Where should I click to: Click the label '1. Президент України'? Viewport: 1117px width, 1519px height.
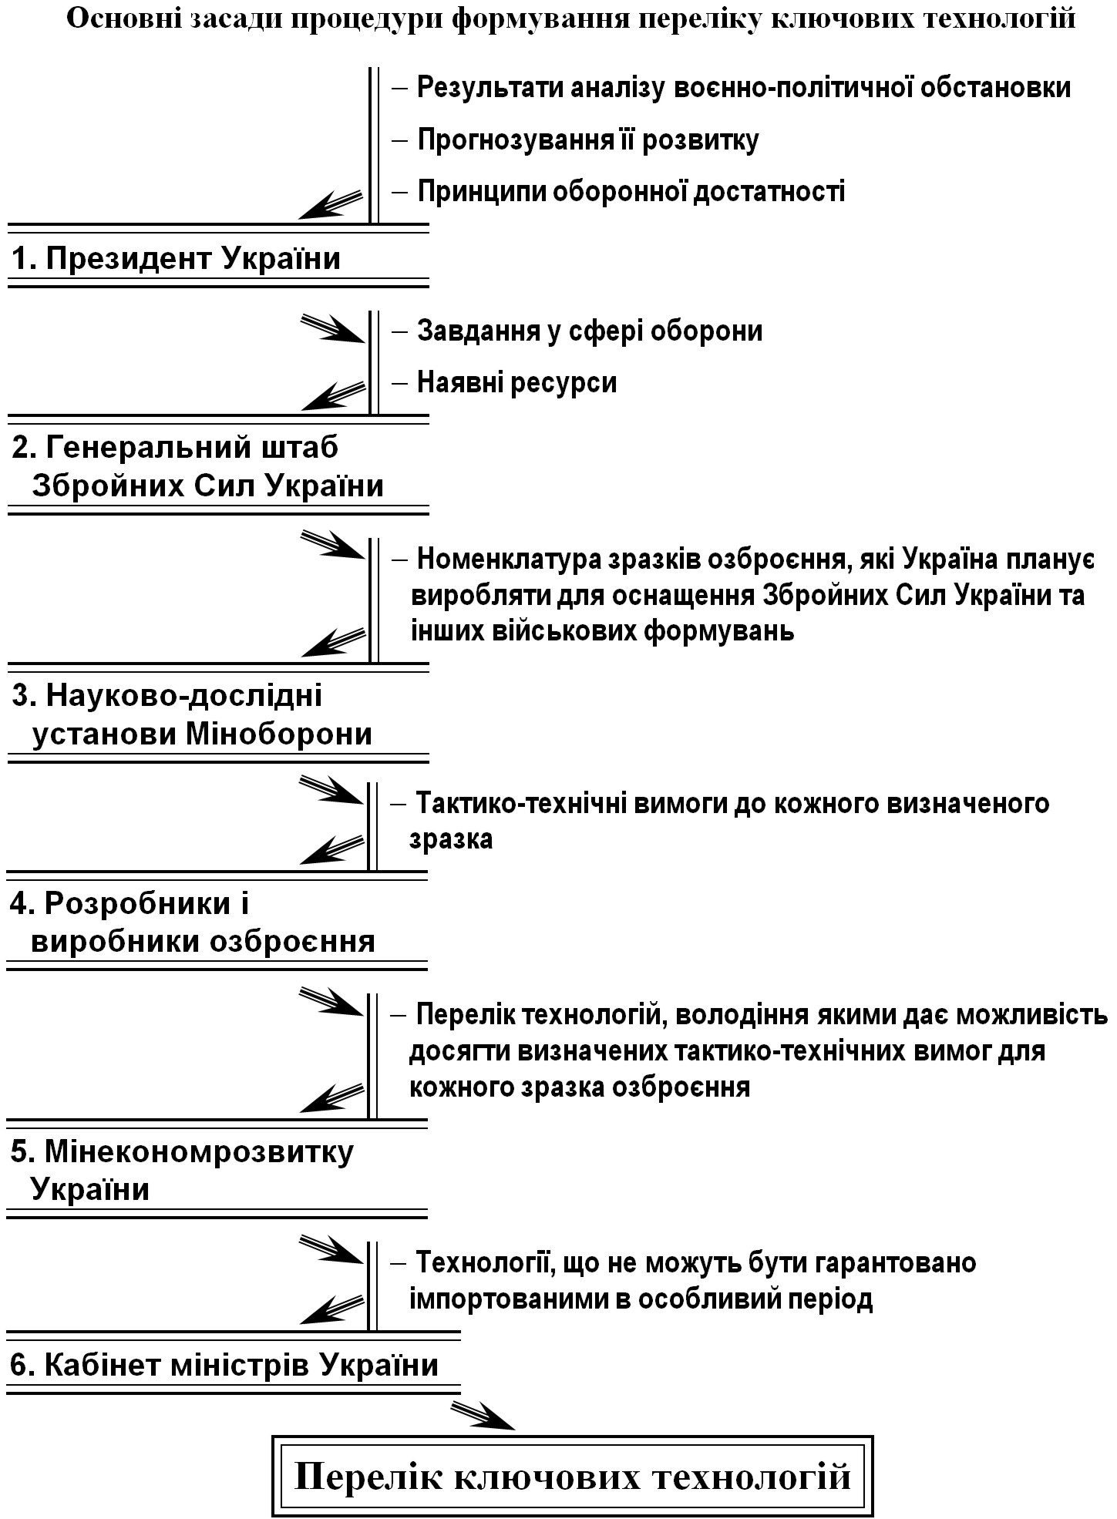(x=176, y=258)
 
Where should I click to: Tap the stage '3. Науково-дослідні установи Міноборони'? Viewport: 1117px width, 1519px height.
(x=192, y=714)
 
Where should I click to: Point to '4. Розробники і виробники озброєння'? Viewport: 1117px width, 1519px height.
(x=193, y=922)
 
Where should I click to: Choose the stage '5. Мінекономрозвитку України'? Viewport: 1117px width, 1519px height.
(x=182, y=1170)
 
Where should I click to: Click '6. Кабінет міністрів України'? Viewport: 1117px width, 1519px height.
(x=224, y=1365)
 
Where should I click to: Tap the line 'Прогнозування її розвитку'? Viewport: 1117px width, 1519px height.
(x=588, y=139)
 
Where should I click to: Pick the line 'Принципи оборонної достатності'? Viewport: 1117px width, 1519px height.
(x=631, y=190)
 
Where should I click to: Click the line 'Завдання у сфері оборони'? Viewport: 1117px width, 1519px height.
(x=590, y=331)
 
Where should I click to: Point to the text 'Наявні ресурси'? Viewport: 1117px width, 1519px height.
(x=517, y=382)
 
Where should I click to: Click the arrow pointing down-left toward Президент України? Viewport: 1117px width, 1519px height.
(x=331, y=204)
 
